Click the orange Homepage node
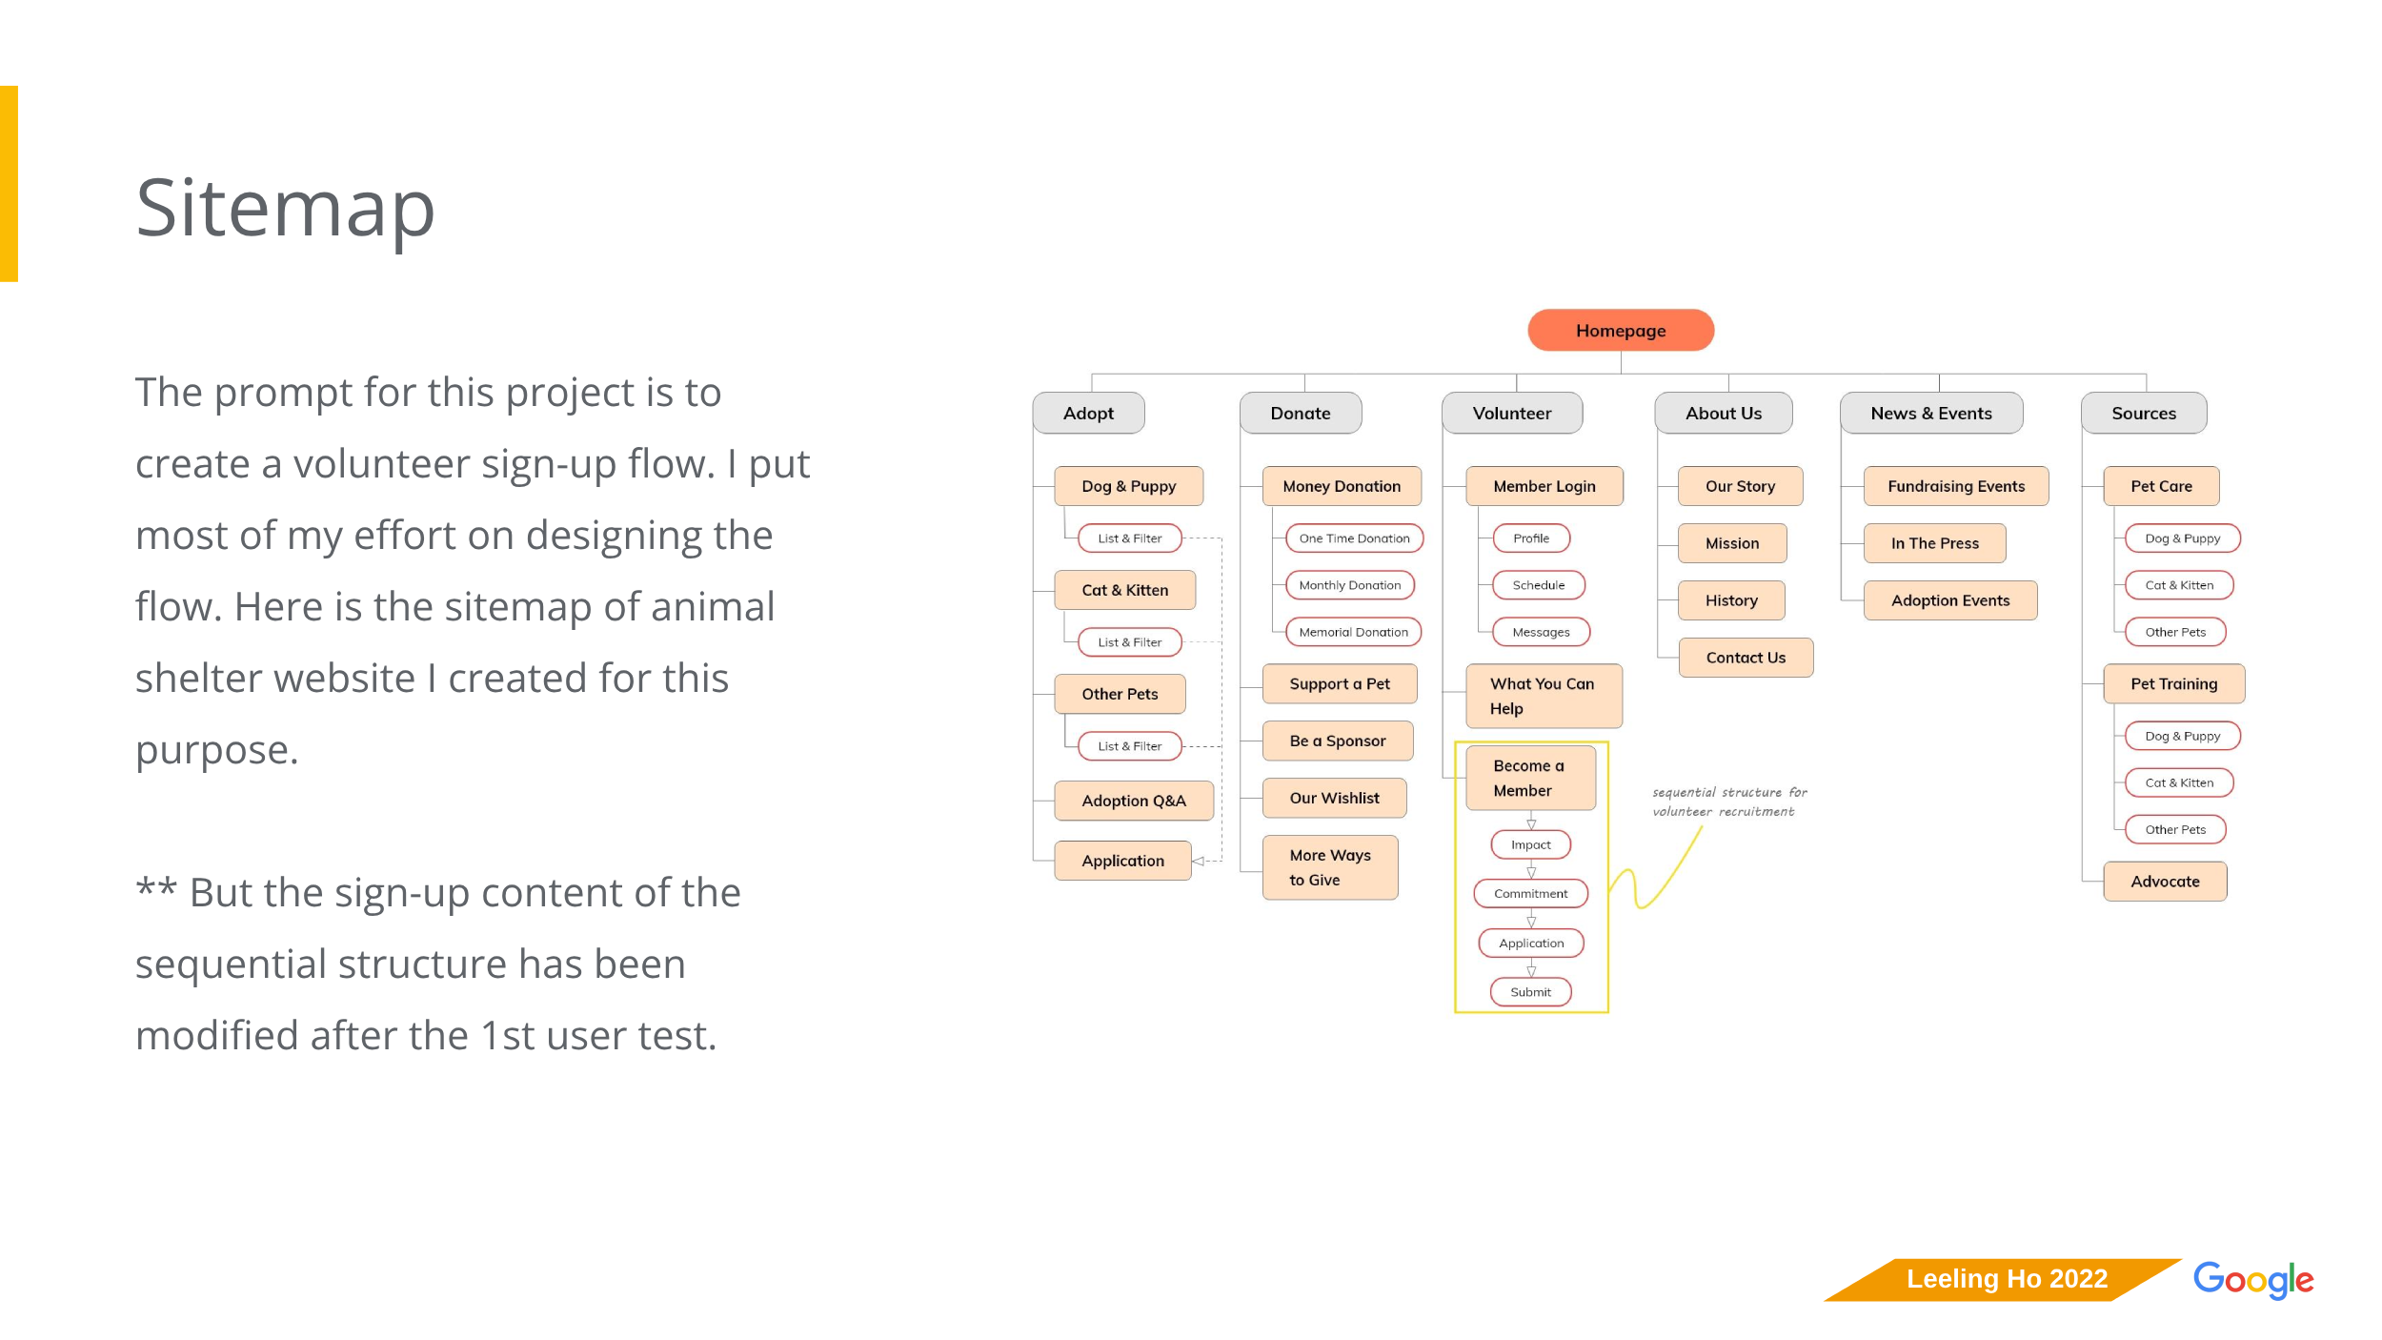1620,330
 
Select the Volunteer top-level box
1512,413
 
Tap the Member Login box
1544,486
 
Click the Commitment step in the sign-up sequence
1530,893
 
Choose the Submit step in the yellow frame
1530,992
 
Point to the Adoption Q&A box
1133,801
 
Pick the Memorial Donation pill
1353,632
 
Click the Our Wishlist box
1334,798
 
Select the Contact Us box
1746,658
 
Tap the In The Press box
1934,543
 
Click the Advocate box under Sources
2165,882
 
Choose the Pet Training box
2173,683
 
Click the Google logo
2252,1279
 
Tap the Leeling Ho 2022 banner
2006,1279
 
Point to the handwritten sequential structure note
1728,802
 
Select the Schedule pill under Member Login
1538,585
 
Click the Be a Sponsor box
1337,741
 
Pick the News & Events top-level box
1930,413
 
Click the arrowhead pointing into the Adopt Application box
1198,861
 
